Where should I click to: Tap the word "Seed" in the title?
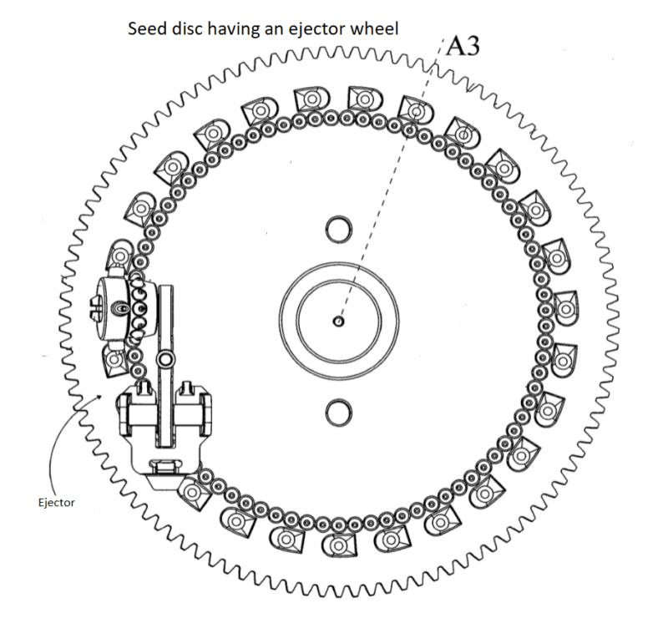click(144, 28)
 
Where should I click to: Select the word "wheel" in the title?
click(374, 28)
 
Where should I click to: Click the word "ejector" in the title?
click(314, 28)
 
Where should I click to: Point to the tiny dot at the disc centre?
click(337, 320)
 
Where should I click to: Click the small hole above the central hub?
click(337, 228)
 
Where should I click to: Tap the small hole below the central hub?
click(337, 411)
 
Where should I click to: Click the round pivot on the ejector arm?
click(165, 359)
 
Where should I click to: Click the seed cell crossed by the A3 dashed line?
click(415, 109)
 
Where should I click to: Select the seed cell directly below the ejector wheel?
click(114, 361)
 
